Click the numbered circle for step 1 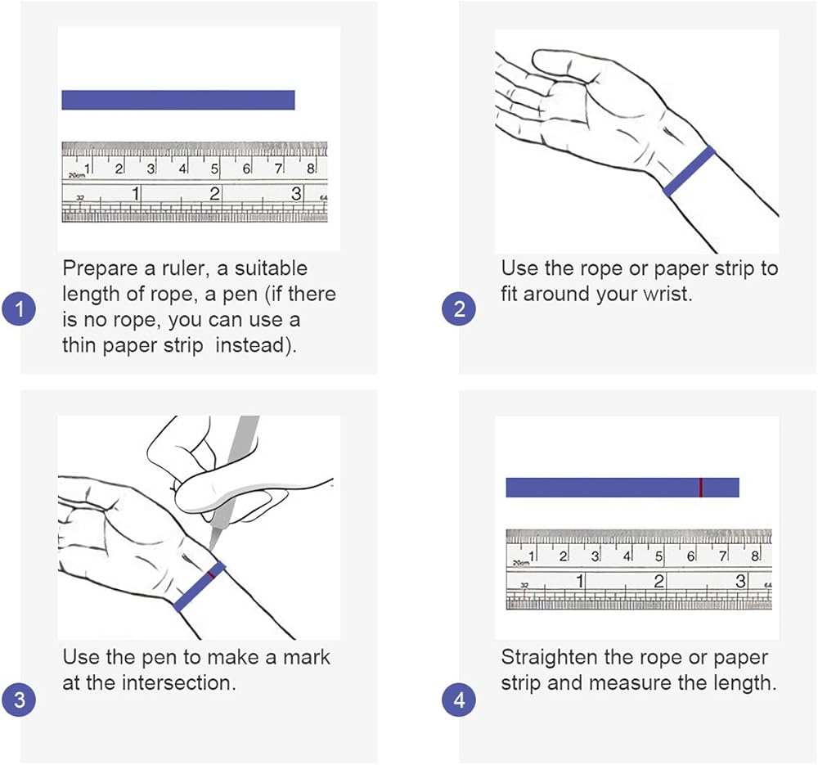tap(20, 309)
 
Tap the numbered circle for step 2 tap(459, 309)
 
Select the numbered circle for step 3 tap(20, 700)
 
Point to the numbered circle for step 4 tap(459, 700)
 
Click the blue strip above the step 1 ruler tap(178, 100)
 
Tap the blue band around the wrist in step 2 tap(689, 171)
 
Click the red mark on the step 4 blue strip tap(701, 488)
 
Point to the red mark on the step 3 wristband tap(211, 574)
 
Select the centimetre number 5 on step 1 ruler tap(214, 169)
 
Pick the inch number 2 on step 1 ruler tap(214, 194)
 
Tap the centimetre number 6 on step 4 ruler tap(690, 556)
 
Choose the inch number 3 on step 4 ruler tap(739, 581)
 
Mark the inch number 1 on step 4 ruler tap(579, 581)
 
